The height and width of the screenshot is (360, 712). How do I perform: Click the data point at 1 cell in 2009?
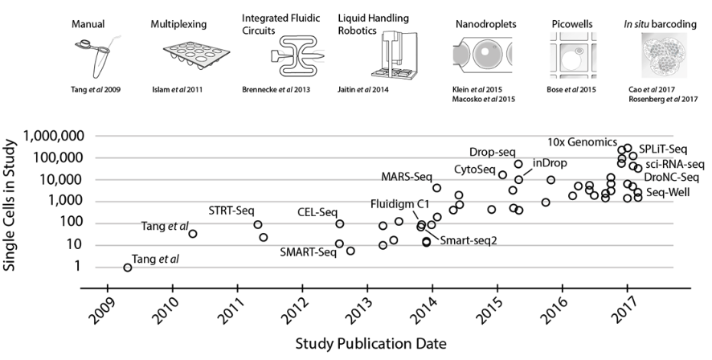(x=128, y=268)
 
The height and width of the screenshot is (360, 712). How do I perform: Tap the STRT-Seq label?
(x=233, y=211)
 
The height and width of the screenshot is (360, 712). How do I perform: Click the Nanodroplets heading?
(x=479, y=15)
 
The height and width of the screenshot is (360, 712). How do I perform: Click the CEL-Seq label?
(x=317, y=212)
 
